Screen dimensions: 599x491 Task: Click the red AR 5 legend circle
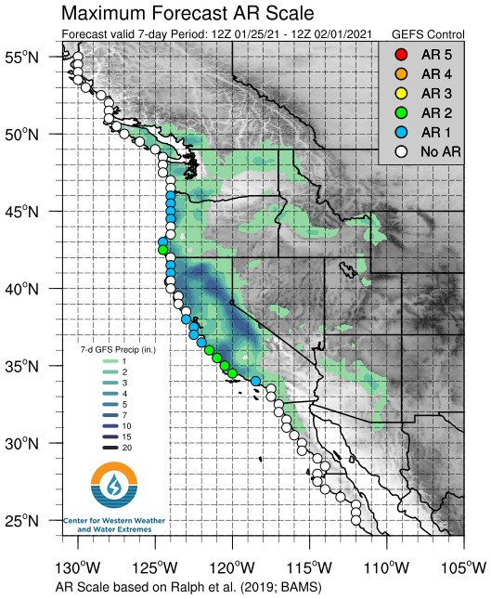pos(401,55)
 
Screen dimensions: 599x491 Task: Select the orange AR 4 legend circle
pos(401,73)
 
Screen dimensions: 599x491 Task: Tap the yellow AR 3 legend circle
pos(401,92)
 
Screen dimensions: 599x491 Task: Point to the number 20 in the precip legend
pos(127,448)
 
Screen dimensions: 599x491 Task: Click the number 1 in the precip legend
pos(124,361)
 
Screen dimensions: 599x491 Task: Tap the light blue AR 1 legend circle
pos(401,130)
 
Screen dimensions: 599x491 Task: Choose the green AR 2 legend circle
pos(401,111)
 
